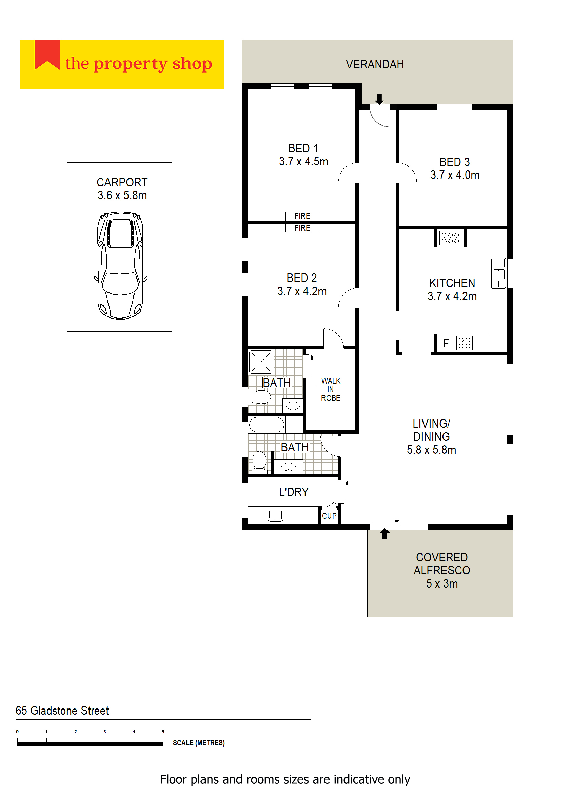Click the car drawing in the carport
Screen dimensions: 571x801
coord(120,265)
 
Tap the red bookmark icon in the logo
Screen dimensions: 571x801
coord(47,55)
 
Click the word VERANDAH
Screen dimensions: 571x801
coord(375,65)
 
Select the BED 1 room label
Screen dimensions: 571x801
coord(303,149)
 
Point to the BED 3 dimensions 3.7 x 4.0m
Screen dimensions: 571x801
coord(455,175)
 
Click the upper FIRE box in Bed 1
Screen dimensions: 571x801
coord(302,216)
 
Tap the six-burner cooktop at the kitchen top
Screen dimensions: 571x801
coord(450,238)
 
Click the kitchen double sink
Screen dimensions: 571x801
coord(498,273)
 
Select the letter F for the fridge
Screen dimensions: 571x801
coord(446,343)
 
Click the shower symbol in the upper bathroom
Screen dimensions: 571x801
coord(260,362)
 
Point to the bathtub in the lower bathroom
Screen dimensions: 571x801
coord(267,425)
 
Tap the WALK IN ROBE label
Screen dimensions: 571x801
coord(331,389)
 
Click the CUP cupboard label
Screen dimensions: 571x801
coord(329,516)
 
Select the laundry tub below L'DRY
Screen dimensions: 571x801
coord(275,515)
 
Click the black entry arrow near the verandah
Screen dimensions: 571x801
coord(379,99)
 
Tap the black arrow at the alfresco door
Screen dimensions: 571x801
coord(385,534)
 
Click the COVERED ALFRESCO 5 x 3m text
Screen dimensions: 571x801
coord(441,570)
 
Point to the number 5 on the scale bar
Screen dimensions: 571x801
coord(163,732)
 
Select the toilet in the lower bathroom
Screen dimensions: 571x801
coord(259,460)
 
